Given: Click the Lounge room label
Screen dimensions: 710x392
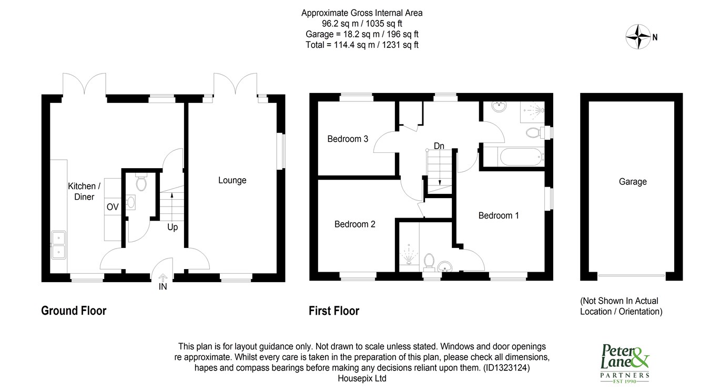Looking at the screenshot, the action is point(232,180).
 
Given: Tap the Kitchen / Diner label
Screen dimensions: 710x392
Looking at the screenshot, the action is point(84,191).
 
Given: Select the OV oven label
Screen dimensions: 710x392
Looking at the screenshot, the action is point(113,207).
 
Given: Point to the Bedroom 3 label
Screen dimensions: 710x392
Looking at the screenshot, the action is point(348,139).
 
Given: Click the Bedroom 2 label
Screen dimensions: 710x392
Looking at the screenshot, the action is point(354,224).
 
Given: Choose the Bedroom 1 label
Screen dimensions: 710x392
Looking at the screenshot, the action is point(499,215).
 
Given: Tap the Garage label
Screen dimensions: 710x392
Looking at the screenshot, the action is point(633,182).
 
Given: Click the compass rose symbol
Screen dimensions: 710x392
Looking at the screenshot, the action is point(638,37).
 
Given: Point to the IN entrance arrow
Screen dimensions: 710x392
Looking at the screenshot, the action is point(163,278).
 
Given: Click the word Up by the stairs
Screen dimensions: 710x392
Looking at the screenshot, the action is point(173,228).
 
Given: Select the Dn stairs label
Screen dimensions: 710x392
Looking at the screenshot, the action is point(439,146).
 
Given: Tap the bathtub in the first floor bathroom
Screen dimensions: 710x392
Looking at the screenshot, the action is point(521,157).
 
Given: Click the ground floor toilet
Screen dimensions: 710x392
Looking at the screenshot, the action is point(141,182).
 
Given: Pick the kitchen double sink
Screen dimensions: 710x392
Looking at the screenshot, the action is point(58,245).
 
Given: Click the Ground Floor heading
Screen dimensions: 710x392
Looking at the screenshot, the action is point(74,311).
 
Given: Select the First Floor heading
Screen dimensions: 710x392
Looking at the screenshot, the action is point(334,311).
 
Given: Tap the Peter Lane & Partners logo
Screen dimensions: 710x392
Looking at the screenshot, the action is point(625,364).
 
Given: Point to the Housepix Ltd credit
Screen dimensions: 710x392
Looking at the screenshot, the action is point(362,378).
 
